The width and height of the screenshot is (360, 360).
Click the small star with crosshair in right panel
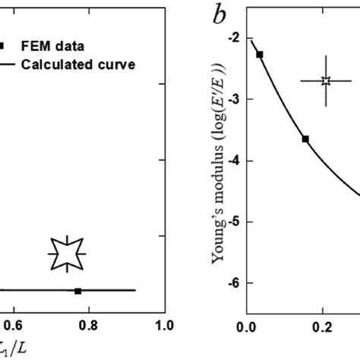pos(326,81)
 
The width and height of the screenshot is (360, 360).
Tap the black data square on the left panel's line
pos(77,290)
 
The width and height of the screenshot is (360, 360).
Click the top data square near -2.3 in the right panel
pos(260,55)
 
